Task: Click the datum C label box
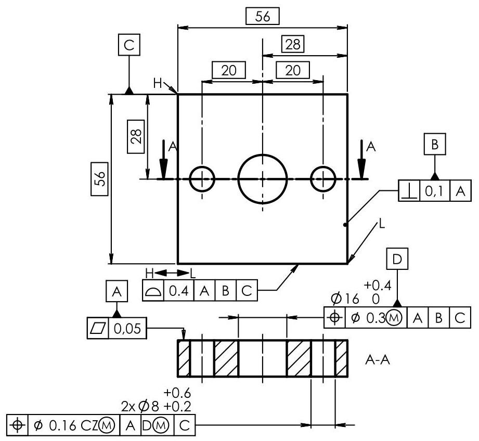point(128,45)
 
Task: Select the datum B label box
point(435,144)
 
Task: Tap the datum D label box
point(397,258)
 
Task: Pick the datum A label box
point(116,293)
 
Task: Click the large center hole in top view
point(263,178)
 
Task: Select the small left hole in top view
point(202,179)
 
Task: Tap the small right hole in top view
point(323,179)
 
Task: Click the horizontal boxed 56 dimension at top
point(263,16)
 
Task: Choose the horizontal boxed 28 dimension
point(293,45)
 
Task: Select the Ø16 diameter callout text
point(345,299)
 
